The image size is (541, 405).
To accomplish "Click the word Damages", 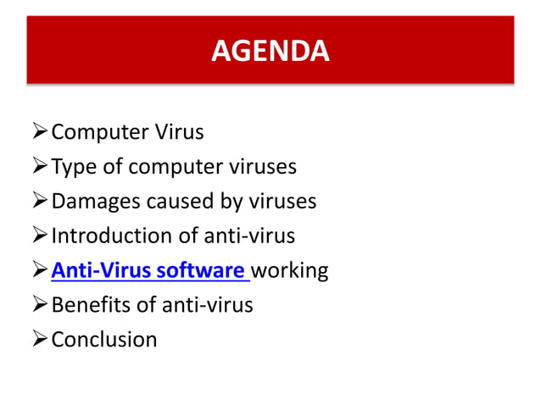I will click(95, 201).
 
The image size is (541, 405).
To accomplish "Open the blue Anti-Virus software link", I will click(149, 270).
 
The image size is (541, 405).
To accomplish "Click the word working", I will click(290, 270).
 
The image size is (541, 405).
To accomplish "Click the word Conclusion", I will click(104, 340).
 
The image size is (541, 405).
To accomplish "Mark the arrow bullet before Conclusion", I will click(39, 340).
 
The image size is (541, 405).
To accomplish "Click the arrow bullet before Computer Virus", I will click(39, 132).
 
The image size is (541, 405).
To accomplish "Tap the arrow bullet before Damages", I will click(39, 201).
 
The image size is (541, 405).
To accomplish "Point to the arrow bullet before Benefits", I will click(39, 305).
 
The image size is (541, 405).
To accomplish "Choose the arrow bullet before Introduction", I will click(39, 236).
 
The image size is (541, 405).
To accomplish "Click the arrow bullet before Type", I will click(39, 166).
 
